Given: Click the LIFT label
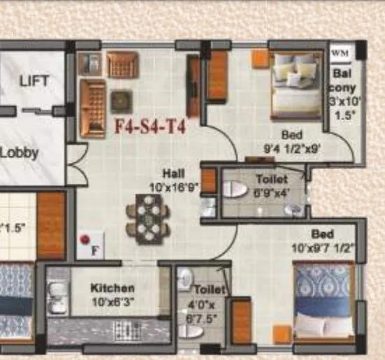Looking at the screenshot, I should pos(34,80).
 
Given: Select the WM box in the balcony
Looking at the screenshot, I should pos(340,52).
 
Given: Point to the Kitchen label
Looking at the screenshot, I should pos(112,287).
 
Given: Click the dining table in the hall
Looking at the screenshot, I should pos(147,219).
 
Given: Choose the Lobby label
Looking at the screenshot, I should pos(19,152).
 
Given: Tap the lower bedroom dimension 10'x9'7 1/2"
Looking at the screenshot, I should pos(322,247).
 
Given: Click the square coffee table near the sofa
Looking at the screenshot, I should pos(122,99).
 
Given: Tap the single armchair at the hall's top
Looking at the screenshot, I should pos(122,66).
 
